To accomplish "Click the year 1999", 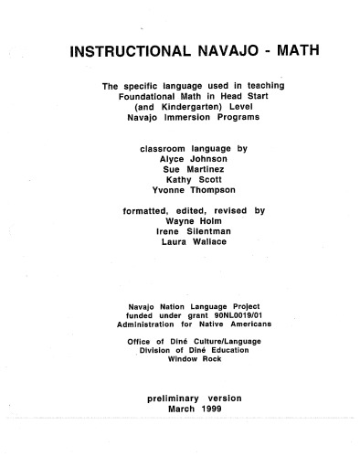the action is point(206,409).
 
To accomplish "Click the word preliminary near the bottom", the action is point(175,399).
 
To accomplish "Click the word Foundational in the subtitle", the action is point(152,96).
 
